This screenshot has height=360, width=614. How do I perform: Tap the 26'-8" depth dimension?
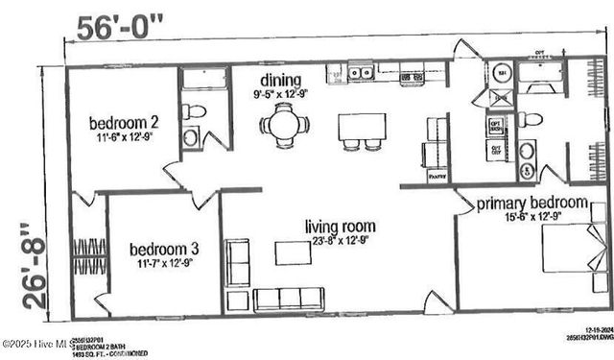click(35, 265)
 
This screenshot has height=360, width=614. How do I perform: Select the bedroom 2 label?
click(124, 122)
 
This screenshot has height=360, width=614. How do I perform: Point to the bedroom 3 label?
click(164, 250)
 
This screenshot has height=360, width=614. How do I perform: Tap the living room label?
click(340, 227)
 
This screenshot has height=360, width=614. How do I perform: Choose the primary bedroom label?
click(531, 203)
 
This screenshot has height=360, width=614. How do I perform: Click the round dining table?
click(284, 125)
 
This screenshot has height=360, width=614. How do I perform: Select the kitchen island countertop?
click(362, 127)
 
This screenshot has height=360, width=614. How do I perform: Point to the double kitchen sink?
click(361, 71)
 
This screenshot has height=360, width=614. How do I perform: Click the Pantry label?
click(437, 176)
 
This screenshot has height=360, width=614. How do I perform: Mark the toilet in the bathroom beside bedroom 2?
click(196, 112)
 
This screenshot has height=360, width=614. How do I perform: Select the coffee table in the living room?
click(293, 253)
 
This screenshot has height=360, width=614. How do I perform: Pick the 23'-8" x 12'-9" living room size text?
click(340, 241)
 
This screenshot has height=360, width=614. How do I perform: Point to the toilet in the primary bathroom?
click(531, 120)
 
